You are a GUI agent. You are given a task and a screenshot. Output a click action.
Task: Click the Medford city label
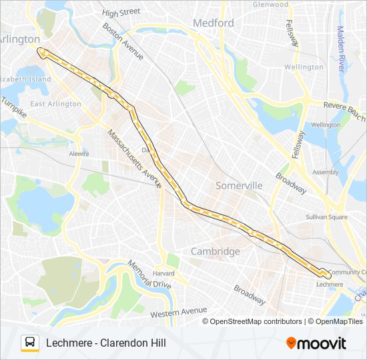214,23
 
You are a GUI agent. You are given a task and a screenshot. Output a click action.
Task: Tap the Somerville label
240,186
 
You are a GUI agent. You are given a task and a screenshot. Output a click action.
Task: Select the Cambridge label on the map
215,251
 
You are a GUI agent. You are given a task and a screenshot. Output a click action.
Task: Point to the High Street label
121,12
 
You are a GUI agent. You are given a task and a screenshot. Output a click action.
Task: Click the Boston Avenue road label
123,41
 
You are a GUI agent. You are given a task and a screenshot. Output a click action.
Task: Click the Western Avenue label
178,311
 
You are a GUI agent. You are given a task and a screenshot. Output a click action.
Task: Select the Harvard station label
163,273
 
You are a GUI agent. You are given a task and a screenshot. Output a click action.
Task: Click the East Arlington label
55,104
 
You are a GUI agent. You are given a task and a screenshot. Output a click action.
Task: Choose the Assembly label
326,172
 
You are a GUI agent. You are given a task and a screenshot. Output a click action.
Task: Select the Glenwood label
271,4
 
